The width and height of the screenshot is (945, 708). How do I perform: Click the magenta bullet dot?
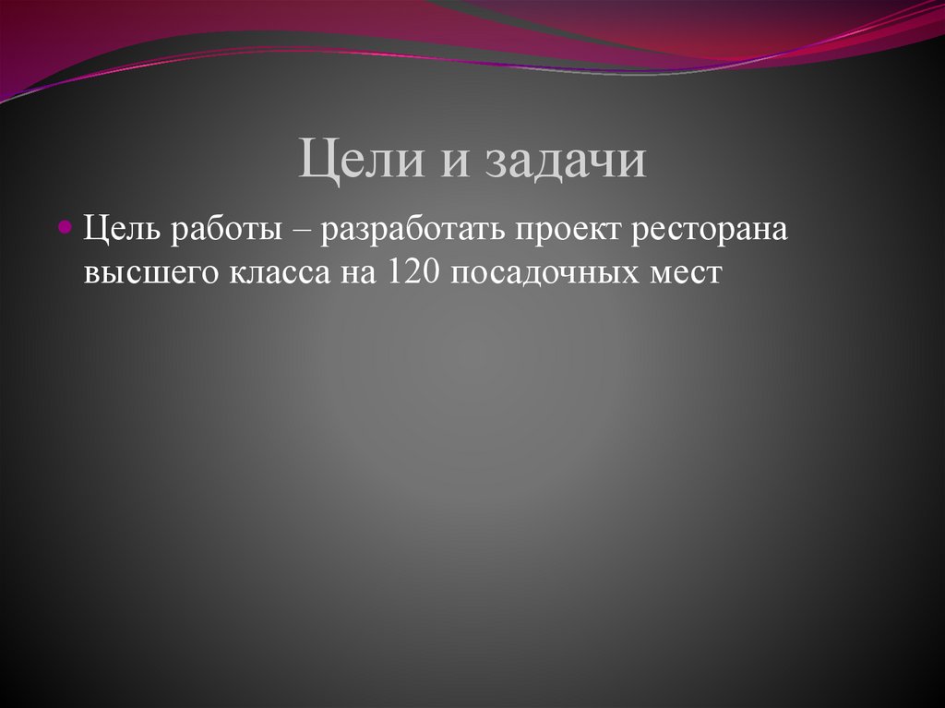point(65,226)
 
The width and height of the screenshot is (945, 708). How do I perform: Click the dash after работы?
point(304,231)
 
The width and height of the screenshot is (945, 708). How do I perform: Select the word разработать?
point(413,231)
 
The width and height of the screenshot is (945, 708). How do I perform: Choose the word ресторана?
point(709,231)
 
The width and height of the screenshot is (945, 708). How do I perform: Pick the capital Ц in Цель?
point(94,229)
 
